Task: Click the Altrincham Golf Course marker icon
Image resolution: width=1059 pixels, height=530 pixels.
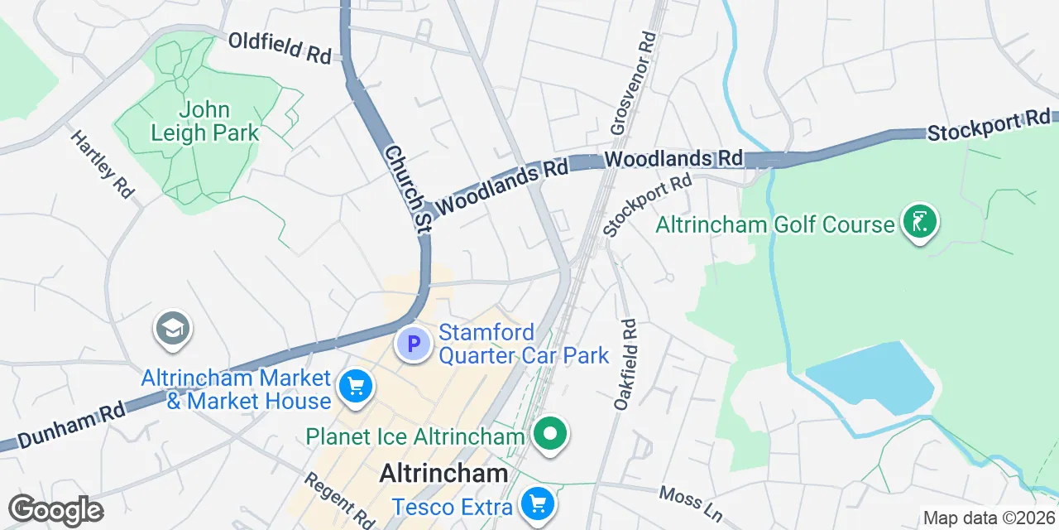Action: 918,222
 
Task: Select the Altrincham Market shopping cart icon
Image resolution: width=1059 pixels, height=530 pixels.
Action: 357,386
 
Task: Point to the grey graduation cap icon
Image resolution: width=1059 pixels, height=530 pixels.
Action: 173,329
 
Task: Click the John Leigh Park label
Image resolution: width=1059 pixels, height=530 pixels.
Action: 206,121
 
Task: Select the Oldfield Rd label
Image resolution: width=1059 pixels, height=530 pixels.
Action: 280,48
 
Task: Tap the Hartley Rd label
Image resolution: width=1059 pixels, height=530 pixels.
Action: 103,164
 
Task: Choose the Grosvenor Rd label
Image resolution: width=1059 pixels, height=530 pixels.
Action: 633,83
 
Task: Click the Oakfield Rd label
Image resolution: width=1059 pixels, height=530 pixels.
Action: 625,364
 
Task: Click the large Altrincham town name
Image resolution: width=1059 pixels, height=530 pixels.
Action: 443,474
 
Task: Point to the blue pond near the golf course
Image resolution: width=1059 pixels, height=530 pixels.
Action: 873,377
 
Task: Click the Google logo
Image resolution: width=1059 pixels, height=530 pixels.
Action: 55,510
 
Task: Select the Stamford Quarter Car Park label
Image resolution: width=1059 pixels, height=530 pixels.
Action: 524,344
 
